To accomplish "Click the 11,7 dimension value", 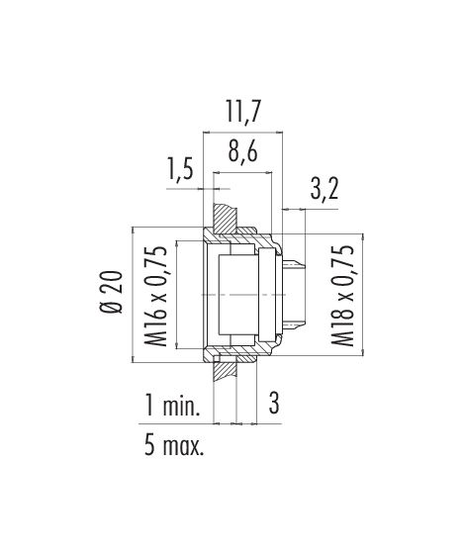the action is (x=243, y=112).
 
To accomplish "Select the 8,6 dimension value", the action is (x=242, y=152).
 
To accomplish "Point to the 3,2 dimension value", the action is (x=324, y=188).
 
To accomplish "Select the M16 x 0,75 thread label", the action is (x=155, y=296).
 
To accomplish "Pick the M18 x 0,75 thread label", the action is (x=342, y=295).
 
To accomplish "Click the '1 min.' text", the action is (x=172, y=406).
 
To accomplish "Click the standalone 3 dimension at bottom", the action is (x=274, y=404).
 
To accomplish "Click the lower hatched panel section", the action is (x=226, y=368).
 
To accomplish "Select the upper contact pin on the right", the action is (x=294, y=264).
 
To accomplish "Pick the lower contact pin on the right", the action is (x=294, y=324).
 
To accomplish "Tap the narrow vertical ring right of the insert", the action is (x=267, y=295).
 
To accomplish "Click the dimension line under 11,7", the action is (x=242, y=133).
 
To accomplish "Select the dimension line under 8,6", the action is (x=242, y=173).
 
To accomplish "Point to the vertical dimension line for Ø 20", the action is (x=134, y=295).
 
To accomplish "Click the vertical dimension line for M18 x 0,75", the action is (x=362, y=295).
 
